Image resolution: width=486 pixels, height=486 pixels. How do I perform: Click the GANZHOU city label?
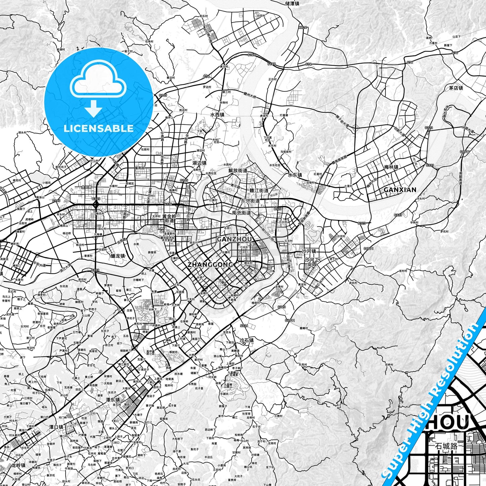click(234, 239)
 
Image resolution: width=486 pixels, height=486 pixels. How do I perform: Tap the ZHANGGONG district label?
click(210, 265)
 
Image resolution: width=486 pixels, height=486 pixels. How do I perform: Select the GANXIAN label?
click(400, 190)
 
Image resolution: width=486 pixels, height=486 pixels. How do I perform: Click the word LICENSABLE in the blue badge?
click(99, 128)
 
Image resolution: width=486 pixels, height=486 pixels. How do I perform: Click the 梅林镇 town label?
click(391, 167)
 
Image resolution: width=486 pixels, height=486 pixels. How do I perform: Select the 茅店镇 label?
click(456, 88)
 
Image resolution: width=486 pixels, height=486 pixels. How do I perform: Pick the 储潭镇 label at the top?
click(292, 3)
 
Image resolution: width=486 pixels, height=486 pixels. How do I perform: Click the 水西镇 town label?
click(217, 115)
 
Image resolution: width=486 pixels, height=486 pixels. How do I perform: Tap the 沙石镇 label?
click(247, 340)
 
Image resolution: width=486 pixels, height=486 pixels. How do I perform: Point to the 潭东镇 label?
click(113, 400)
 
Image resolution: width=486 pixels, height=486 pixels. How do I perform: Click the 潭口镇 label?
click(56, 427)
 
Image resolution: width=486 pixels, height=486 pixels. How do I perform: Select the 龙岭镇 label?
click(18, 465)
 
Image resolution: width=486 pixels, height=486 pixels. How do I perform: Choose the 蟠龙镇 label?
click(118, 256)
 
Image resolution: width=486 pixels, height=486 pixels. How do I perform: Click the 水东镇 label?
click(295, 175)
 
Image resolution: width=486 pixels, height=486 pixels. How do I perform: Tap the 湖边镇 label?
click(199, 163)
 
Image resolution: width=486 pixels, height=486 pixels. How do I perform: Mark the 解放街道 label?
click(238, 171)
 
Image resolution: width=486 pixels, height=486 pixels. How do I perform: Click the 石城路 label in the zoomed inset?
click(446, 446)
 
